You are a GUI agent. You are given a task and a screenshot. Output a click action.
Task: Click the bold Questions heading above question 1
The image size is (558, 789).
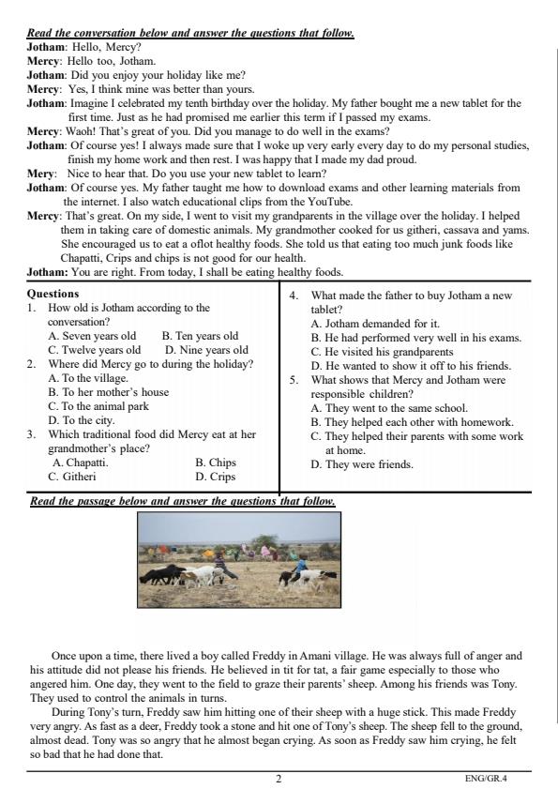(53, 294)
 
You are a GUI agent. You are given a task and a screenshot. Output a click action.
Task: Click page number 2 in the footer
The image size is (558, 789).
(279, 778)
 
